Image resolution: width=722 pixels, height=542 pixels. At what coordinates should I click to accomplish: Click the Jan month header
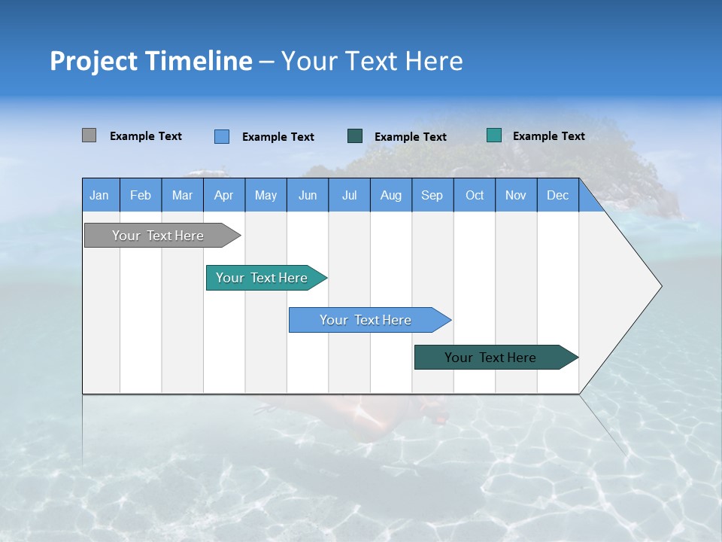(x=99, y=195)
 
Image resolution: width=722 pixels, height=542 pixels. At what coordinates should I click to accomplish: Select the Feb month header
(x=141, y=195)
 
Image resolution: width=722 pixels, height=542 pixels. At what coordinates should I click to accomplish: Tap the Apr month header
(x=224, y=195)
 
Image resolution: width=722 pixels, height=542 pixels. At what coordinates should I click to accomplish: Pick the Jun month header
(x=308, y=195)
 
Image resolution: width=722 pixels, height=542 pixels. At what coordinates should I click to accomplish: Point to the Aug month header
(x=391, y=195)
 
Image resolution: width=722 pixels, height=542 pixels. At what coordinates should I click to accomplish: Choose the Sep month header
(x=432, y=195)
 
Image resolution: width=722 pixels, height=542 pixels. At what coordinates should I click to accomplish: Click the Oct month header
(x=475, y=195)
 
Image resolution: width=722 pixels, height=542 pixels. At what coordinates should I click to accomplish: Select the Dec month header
(x=558, y=195)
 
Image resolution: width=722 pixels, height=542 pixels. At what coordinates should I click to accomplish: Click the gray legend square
(x=89, y=135)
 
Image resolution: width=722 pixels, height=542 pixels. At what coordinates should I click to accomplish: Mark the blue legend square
(x=222, y=136)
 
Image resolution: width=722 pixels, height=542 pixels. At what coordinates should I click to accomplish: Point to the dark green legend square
(x=355, y=136)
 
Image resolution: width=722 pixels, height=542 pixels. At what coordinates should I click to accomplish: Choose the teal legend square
(x=494, y=135)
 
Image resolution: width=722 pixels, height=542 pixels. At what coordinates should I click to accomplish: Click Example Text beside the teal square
(x=548, y=136)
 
